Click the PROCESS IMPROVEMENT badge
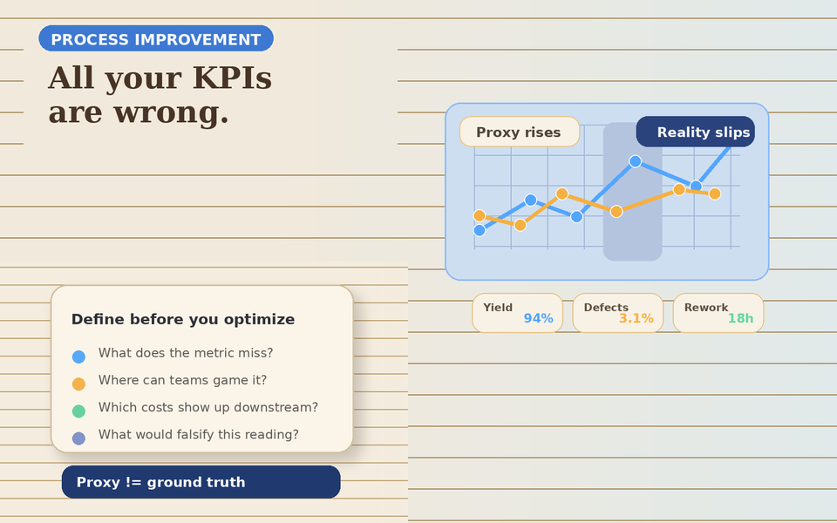pyautogui.click(x=155, y=39)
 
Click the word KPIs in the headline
pyautogui.click(x=232, y=78)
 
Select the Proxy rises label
pyautogui.click(x=519, y=132)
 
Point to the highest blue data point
pyautogui.click(x=635, y=161)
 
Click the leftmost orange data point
pyautogui.click(x=480, y=215)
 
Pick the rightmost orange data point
pyautogui.click(x=715, y=194)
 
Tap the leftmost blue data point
pyautogui.click(x=480, y=230)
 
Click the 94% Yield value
pyautogui.click(x=538, y=319)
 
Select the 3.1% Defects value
pyautogui.click(x=636, y=319)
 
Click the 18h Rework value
pyautogui.click(x=740, y=319)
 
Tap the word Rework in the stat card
pyautogui.click(x=705, y=308)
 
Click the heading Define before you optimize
pyautogui.click(x=183, y=320)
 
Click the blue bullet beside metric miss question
pyautogui.click(x=78, y=357)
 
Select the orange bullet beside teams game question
pyautogui.click(x=78, y=384)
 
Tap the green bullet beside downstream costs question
pyautogui.click(x=78, y=411)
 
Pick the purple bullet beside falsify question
pyautogui.click(x=78, y=438)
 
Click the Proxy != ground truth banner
pyautogui.click(x=201, y=482)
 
